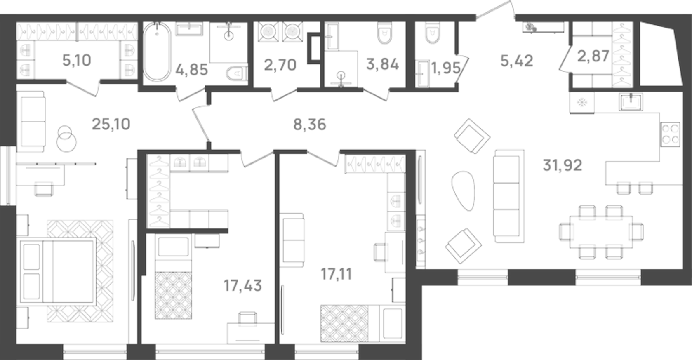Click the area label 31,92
(563, 165)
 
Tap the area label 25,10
(111, 124)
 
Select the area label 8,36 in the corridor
(310, 124)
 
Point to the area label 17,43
(242, 285)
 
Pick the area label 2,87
(593, 56)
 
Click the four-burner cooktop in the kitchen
(670, 134)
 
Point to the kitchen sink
(631, 101)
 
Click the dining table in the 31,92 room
(601, 232)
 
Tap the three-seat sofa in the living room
(509, 196)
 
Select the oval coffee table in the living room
(463, 190)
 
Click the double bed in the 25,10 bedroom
(58, 271)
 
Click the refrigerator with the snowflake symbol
(582, 102)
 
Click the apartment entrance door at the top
(495, 10)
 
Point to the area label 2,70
(280, 65)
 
